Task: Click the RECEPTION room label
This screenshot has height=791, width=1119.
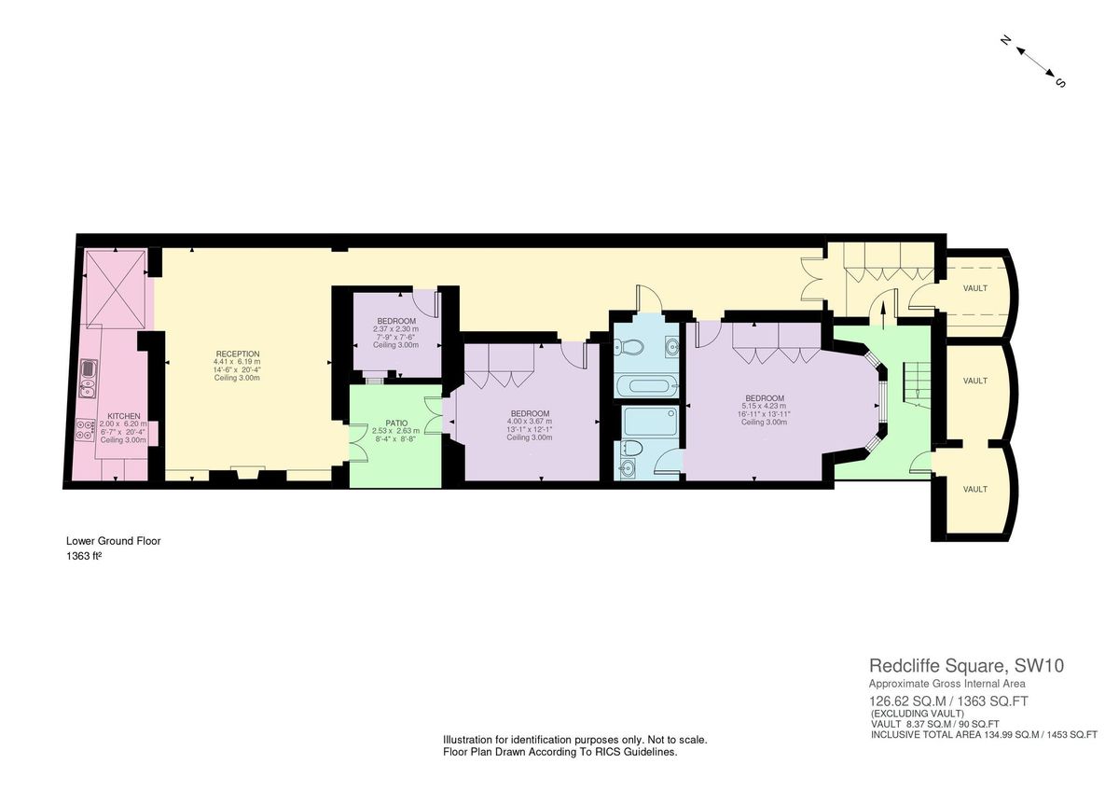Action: click(x=238, y=354)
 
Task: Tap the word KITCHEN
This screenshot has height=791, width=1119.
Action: click(x=123, y=416)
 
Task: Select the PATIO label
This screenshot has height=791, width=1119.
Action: click(x=395, y=423)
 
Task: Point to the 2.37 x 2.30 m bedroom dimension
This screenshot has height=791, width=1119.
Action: click(x=395, y=328)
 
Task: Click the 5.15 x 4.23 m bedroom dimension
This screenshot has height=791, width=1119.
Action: click(x=764, y=406)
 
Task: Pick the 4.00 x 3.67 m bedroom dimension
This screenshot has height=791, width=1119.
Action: click(x=530, y=421)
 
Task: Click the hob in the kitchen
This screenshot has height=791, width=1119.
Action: click(x=86, y=429)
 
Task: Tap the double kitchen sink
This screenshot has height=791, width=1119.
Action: click(x=87, y=373)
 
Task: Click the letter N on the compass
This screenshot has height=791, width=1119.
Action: click(x=1006, y=40)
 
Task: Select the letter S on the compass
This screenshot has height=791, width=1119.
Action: click(x=1060, y=82)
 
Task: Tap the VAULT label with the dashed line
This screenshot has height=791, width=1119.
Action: click(x=975, y=289)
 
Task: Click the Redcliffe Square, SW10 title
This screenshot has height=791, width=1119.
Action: click(x=966, y=666)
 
